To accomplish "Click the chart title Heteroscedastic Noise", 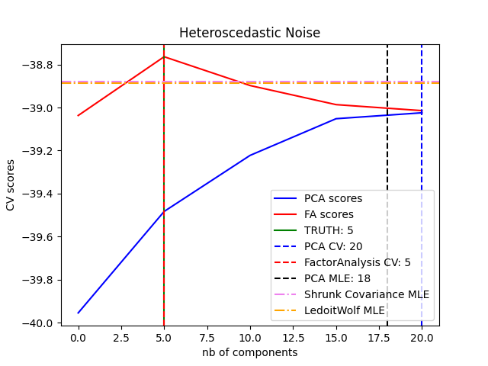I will click(249, 33).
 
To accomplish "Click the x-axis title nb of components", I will click(249, 352).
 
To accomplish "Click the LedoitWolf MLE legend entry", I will click(345, 310).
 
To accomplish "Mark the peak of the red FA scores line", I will click(164, 56).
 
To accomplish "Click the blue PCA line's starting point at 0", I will click(78, 313).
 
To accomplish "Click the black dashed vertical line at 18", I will click(387, 152).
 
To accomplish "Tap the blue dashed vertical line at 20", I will click(422, 152).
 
